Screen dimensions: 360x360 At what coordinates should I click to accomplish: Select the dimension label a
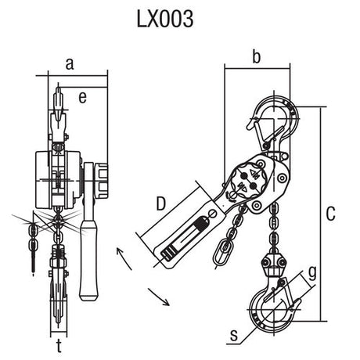70,65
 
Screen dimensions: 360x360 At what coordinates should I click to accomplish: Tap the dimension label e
81,96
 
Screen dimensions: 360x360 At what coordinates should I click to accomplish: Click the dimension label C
331,212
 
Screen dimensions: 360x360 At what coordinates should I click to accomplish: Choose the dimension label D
161,205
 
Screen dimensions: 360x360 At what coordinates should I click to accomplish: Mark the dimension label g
312,273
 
